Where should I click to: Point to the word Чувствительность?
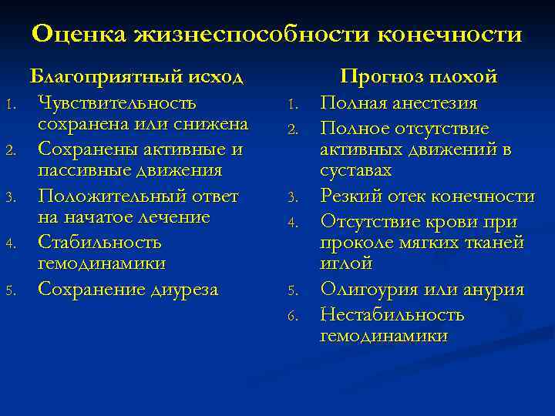[x=117, y=103]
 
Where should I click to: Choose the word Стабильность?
[x=99, y=243]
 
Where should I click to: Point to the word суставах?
[x=355, y=170]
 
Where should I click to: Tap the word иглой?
[x=346, y=263]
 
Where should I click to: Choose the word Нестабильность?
[x=392, y=315]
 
